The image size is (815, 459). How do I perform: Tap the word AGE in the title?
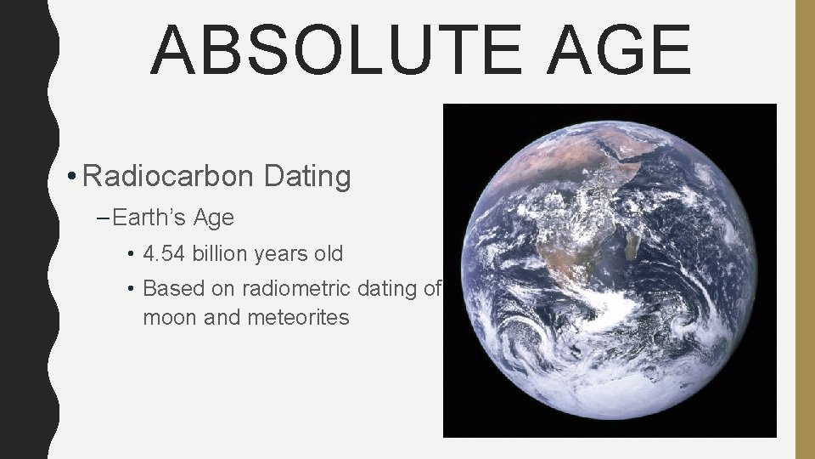pyautogui.click(x=619, y=49)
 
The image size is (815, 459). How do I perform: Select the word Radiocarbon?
pyautogui.click(x=169, y=177)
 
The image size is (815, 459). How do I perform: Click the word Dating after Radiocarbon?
pyautogui.click(x=307, y=177)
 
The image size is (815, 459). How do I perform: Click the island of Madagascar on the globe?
pyautogui.click(x=632, y=249)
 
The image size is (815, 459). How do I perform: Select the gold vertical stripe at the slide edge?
pyautogui.click(x=804, y=229)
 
